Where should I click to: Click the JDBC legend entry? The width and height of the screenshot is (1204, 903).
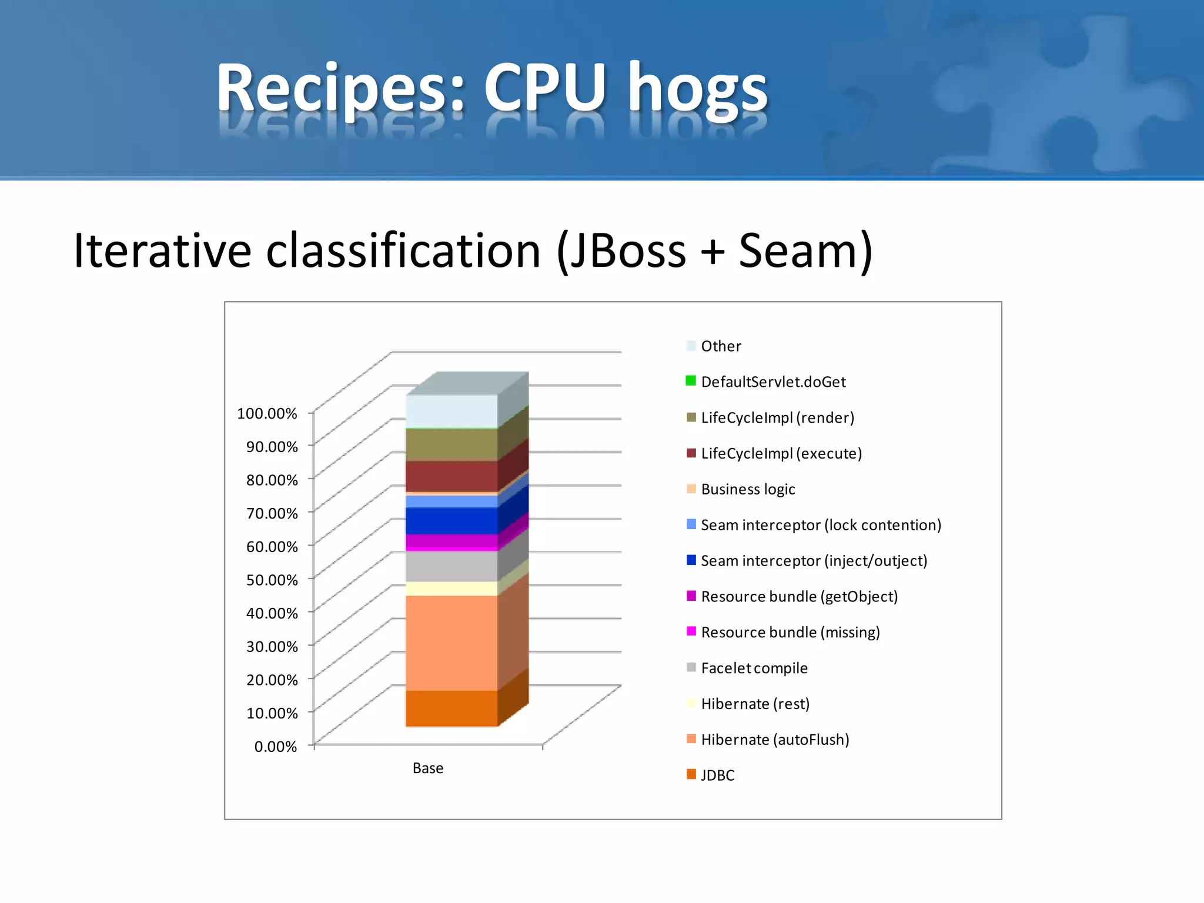[x=717, y=775]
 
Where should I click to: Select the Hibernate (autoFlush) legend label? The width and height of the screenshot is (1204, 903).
[x=775, y=740]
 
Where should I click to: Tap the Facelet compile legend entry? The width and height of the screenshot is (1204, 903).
[x=754, y=668]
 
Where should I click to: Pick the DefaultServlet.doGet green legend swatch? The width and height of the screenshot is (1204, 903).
[x=691, y=381]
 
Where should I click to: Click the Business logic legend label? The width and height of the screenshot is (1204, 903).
[x=748, y=490]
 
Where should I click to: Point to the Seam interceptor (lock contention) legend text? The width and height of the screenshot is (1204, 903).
[x=821, y=525]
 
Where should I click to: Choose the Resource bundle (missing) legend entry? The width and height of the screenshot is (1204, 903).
[x=790, y=633]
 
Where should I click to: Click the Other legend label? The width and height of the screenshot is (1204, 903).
[x=721, y=346]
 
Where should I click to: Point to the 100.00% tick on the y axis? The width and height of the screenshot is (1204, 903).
[x=267, y=413]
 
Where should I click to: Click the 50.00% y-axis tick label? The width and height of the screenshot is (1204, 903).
[x=272, y=580]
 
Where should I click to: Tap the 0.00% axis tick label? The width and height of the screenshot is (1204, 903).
[x=275, y=747]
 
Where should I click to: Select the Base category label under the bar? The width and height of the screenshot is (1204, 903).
[x=428, y=768]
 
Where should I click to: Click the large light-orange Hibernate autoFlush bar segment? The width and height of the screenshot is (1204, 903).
[x=451, y=643]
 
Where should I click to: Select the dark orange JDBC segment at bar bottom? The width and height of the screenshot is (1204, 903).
[x=451, y=708]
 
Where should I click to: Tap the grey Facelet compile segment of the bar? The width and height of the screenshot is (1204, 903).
[x=451, y=566]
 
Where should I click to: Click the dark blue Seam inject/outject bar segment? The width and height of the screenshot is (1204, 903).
[x=451, y=520]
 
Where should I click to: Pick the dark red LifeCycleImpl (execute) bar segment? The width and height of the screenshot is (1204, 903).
[x=451, y=476]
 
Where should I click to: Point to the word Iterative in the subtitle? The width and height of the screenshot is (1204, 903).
[x=162, y=251]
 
